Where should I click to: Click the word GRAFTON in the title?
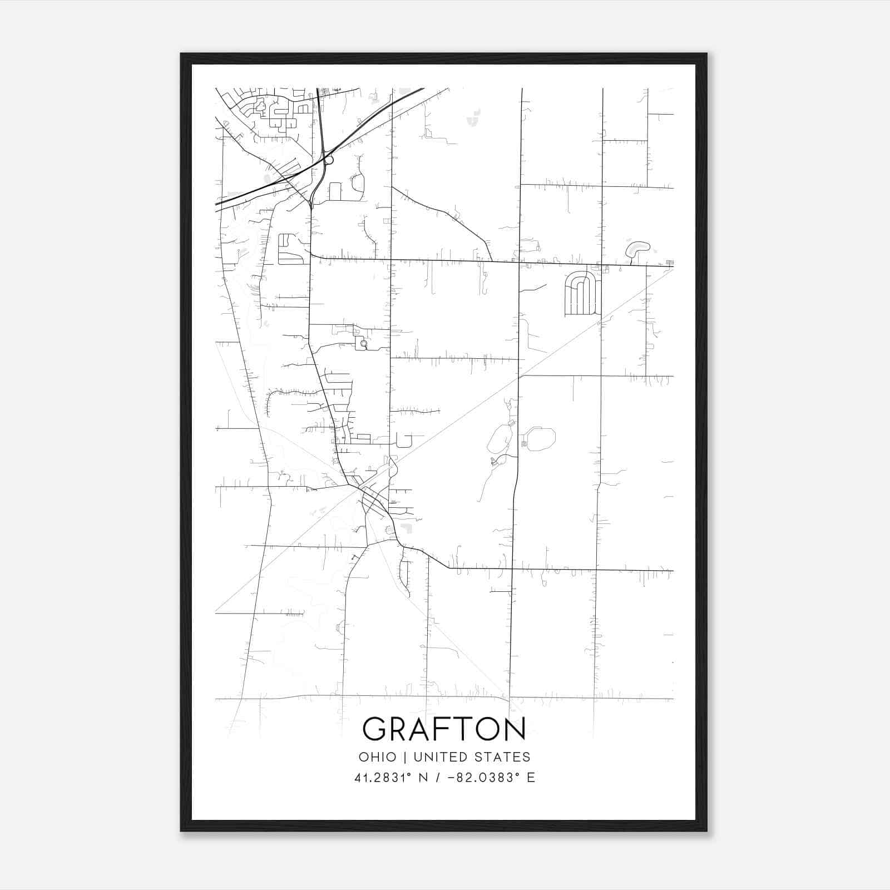pyautogui.click(x=444, y=729)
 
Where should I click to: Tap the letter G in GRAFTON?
pyautogui.click(x=375, y=729)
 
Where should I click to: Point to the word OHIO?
pyautogui.click(x=378, y=757)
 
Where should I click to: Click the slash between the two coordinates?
pyautogui.click(x=439, y=778)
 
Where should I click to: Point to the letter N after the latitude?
pyautogui.click(x=423, y=778)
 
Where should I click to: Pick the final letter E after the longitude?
pyautogui.click(x=531, y=778)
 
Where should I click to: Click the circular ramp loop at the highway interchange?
pyautogui.click(x=329, y=160)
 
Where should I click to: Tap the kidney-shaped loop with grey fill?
pyautogui.click(x=637, y=248)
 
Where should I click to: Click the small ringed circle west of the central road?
pyautogui.click(x=363, y=344)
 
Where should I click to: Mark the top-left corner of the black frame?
pyautogui.click(x=181, y=54)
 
